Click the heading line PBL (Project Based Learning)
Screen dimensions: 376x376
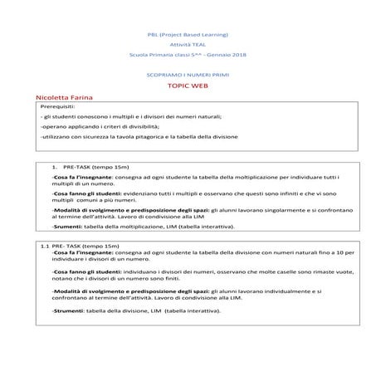(188, 36)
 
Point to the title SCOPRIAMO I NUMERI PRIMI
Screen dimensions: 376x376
(188, 75)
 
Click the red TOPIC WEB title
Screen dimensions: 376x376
(188, 85)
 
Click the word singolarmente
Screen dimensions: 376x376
(285, 212)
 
